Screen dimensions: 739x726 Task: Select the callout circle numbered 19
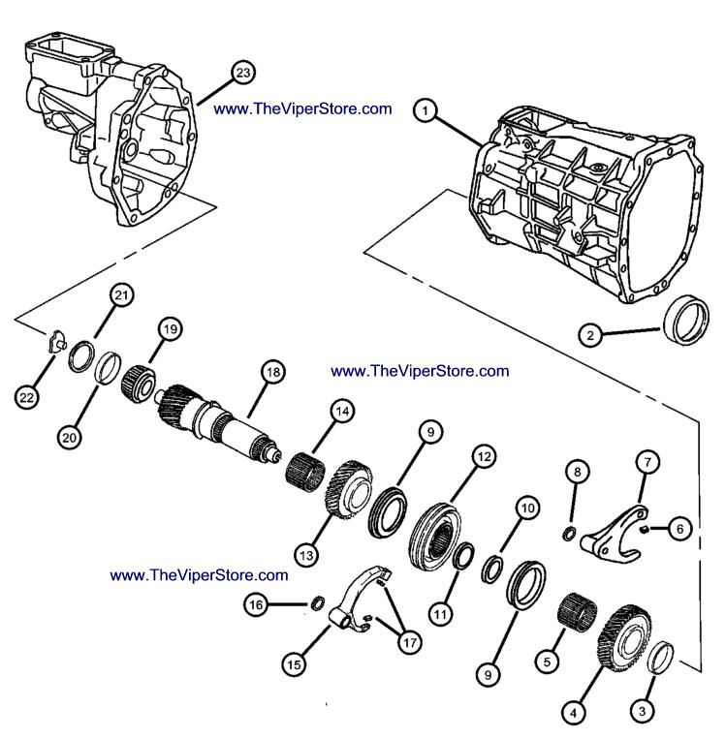[x=171, y=329]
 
